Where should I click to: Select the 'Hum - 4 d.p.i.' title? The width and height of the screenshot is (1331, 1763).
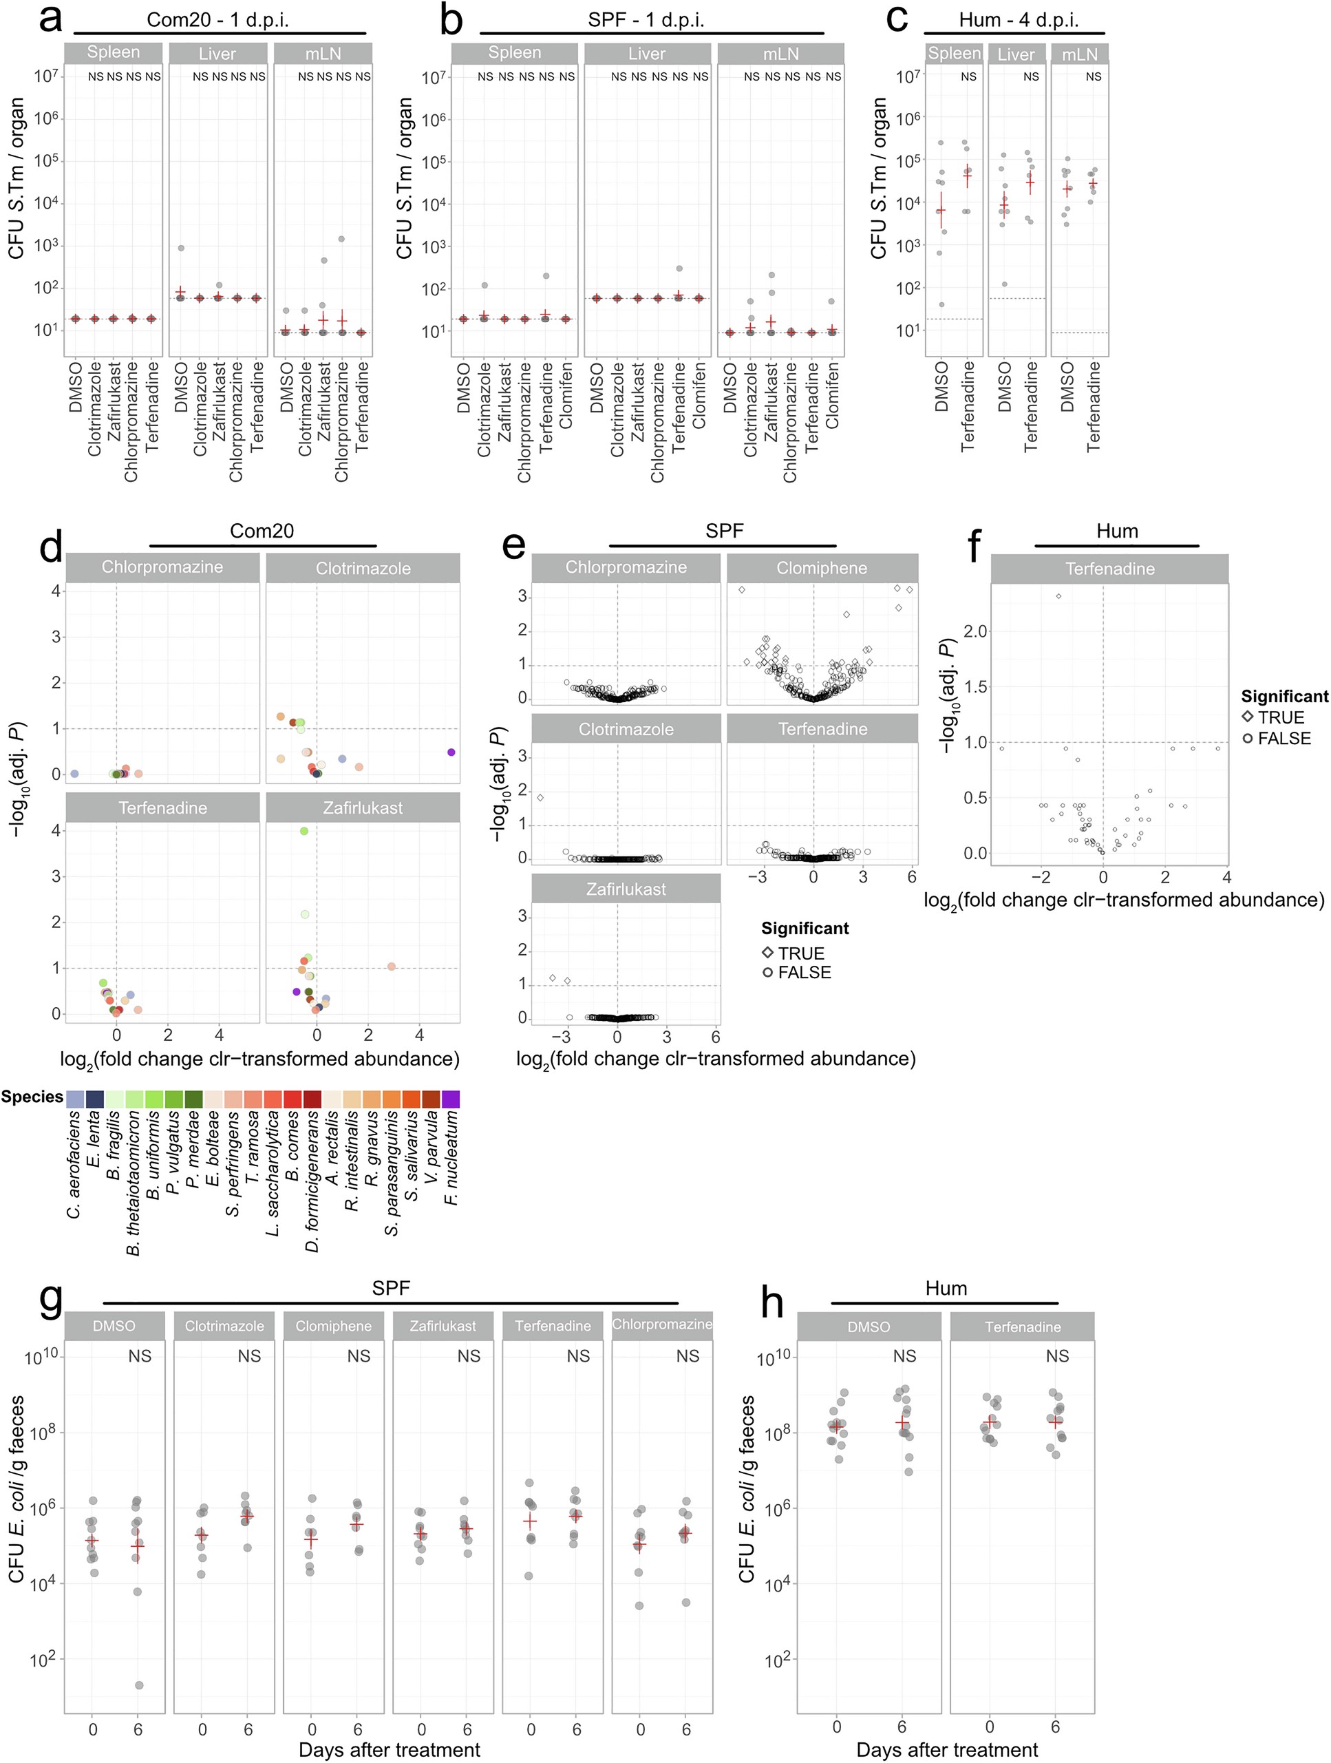[1018, 20]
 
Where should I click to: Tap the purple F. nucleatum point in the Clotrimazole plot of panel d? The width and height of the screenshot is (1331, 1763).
[451, 752]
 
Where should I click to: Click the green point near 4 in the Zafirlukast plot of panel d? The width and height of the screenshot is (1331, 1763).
[304, 830]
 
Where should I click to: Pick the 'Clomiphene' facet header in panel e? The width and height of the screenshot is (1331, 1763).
[822, 568]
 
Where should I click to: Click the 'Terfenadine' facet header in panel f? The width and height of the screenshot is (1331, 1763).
[1109, 568]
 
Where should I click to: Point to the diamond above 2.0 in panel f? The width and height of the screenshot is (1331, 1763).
[1058, 596]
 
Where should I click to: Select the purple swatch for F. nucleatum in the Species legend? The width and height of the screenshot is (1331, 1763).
[451, 1100]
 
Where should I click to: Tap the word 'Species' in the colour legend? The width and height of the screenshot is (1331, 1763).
[32, 1097]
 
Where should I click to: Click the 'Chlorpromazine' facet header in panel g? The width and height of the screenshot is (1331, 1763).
[661, 1324]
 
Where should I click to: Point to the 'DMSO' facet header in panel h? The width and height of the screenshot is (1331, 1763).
[868, 1327]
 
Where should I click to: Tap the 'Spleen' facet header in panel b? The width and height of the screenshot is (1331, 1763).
[514, 52]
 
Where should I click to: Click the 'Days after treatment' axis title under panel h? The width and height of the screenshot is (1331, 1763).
[946, 1749]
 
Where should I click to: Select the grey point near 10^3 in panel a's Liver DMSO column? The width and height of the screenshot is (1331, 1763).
[181, 248]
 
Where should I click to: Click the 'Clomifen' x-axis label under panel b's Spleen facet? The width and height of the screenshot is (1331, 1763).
[566, 395]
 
